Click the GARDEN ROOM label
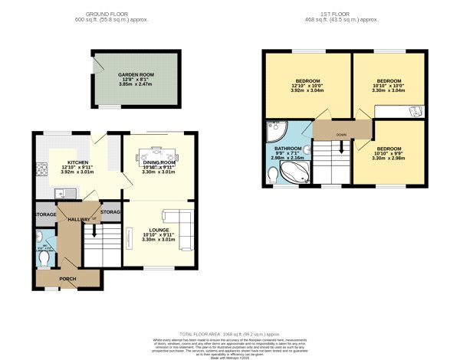(135, 74)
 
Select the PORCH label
(67, 278)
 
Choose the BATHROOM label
(287, 148)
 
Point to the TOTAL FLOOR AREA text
(229, 335)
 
